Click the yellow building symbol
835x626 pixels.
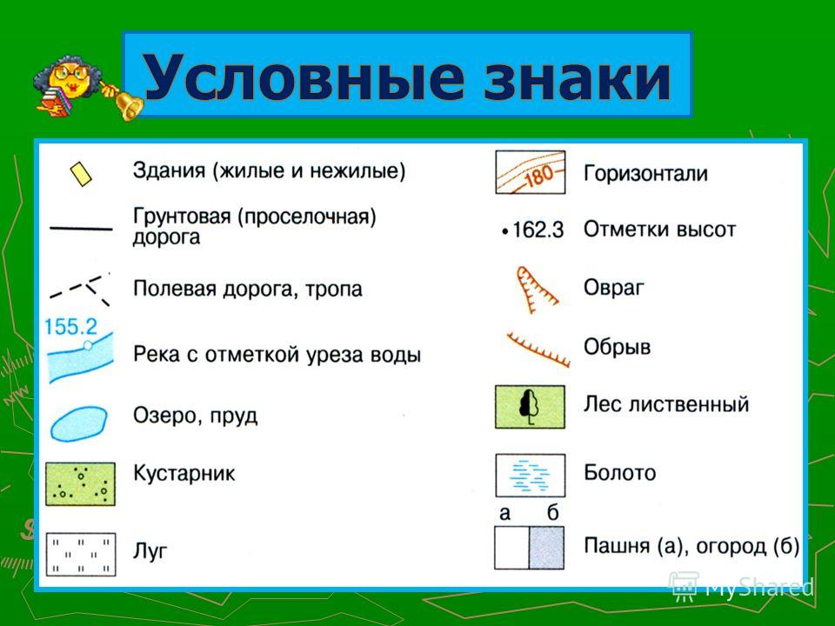pyautogui.click(x=80, y=174)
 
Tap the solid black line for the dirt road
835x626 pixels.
pyautogui.click(x=81, y=229)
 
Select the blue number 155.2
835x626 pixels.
pyautogui.click(x=70, y=327)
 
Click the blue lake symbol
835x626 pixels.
pyautogui.click(x=79, y=423)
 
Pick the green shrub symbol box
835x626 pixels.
pyautogui.click(x=80, y=484)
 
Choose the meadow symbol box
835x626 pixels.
pyautogui.click(x=81, y=554)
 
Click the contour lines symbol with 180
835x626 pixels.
pyautogui.click(x=531, y=172)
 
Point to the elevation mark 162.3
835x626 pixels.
pyautogui.click(x=532, y=230)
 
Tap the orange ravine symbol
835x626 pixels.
pyautogui.click(x=535, y=290)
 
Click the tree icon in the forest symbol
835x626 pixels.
pyautogui.click(x=529, y=407)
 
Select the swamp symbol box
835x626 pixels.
pyautogui.click(x=531, y=476)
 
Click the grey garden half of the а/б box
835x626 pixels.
pyautogui.click(x=547, y=549)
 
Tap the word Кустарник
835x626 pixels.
pyautogui.click(x=184, y=473)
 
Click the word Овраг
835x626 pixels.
pyautogui.click(x=614, y=288)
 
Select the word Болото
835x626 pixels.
pyautogui.click(x=620, y=473)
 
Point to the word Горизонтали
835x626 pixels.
pyautogui.click(x=646, y=174)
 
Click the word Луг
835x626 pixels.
pyautogui.click(x=150, y=551)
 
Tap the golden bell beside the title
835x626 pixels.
pyautogui.click(x=128, y=103)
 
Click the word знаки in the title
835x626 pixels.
pyautogui.click(x=578, y=78)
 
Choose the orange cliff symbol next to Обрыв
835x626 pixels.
pyautogui.click(x=538, y=350)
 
